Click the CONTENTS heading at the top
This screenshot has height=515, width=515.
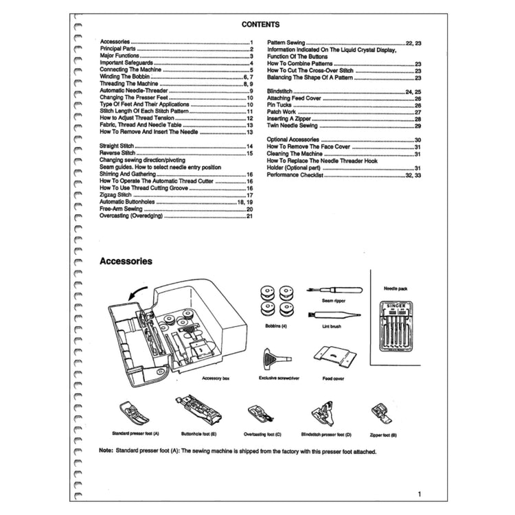pyautogui.click(x=260, y=24)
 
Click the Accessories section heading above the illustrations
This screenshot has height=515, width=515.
pyautogui.click(x=126, y=261)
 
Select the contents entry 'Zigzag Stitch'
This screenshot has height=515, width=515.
pyautogui.click(x=115, y=195)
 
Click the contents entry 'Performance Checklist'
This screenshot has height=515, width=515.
pyautogui.click(x=296, y=175)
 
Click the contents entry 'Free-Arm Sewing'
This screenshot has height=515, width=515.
pyautogui.click(x=121, y=209)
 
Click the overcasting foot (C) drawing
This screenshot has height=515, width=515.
pyautogui.click(x=262, y=414)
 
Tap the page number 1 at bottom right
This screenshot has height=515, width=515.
pyautogui.click(x=420, y=494)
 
